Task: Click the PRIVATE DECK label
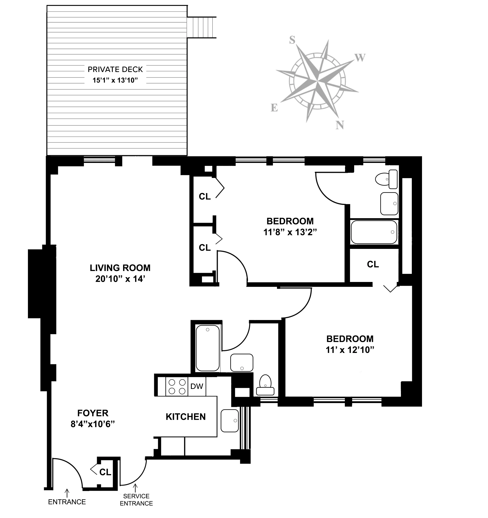[115, 69]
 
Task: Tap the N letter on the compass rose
[339, 125]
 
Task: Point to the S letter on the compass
[292, 40]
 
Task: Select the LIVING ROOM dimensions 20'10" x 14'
[120, 279]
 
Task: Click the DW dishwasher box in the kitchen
[197, 386]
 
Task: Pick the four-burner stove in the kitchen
[177, 387]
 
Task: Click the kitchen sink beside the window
[230, 421]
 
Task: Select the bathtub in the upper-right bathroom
[374, 232]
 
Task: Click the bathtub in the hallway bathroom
[208, 348]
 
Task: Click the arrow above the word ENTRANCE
[67, 493]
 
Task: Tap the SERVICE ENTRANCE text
[136, 500]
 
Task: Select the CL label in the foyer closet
[105, 472]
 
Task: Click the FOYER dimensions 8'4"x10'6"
[93, 424]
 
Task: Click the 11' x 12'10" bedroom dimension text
[350, 350]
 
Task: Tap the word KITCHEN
[186, 417]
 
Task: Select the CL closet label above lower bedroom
[373, 264]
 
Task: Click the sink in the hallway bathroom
[242, 362]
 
